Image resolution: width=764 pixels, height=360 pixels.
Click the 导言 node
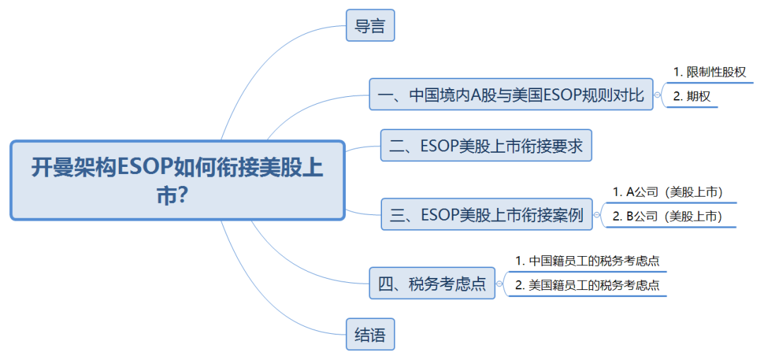pyautogui.click(x=370, y=25)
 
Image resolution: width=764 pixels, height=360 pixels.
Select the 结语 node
pyautogui.click(x=370, y=334)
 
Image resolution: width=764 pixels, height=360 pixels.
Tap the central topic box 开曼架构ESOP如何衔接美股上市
pyautogui.click(x=178, y=180)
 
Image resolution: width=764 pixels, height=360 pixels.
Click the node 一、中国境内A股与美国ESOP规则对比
pyautogui.click(x=511, y=94)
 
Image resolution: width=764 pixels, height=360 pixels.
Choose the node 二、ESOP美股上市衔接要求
pyautogui.click(x=486, y=145)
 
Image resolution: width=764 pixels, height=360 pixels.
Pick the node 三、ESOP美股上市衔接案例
pyautogui.click(x=486, y=214)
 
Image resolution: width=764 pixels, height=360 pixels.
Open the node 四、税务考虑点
pyautogui.click(x=432, y=283)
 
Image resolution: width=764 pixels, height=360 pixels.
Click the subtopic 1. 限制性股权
pyautogui.click(x=710, y=73)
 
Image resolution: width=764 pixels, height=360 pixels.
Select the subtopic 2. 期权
pyautogui.click(x=691, y=96)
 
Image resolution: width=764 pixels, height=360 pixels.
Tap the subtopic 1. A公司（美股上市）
pyautogui.click(x=667, y=192)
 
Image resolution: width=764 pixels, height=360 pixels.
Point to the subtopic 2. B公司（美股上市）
pyautogui.click(x=667, y=217)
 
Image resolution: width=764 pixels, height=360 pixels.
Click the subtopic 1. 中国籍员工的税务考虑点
pyautogui.click(x=587, y=261)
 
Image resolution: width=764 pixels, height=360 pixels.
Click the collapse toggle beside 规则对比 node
pyautogui.click(x=658, y=95)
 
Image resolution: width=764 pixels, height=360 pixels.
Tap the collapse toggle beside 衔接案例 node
pyautogui.click(x=597, y=214)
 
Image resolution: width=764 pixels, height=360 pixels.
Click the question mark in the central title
pyautogui.click(x=185, y=197)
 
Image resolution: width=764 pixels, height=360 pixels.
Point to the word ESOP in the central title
pyautogui.click(x=144, y=168)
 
